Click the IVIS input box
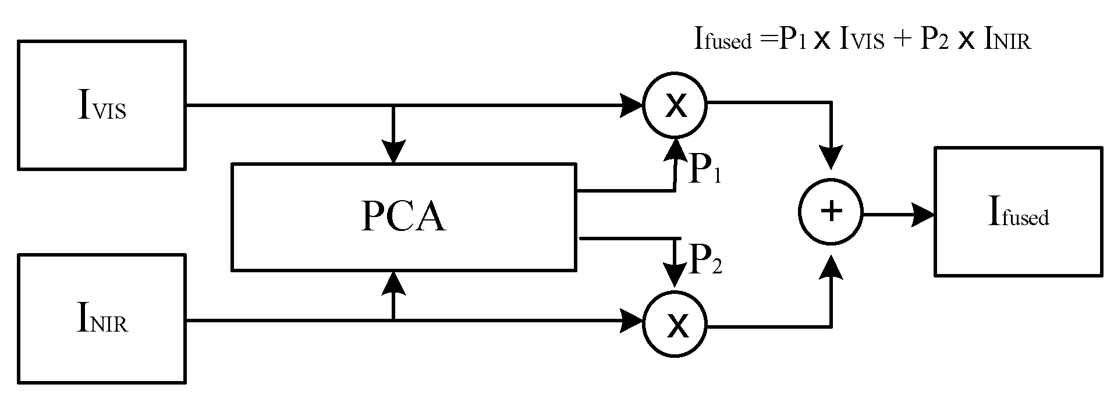pos(102,105)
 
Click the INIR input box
pos(102,318)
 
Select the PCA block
pos(403,217)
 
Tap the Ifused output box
pos(1018,212)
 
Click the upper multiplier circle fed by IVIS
pos(675,106)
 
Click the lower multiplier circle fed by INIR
pos(675,325)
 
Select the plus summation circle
pos(831,212)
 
